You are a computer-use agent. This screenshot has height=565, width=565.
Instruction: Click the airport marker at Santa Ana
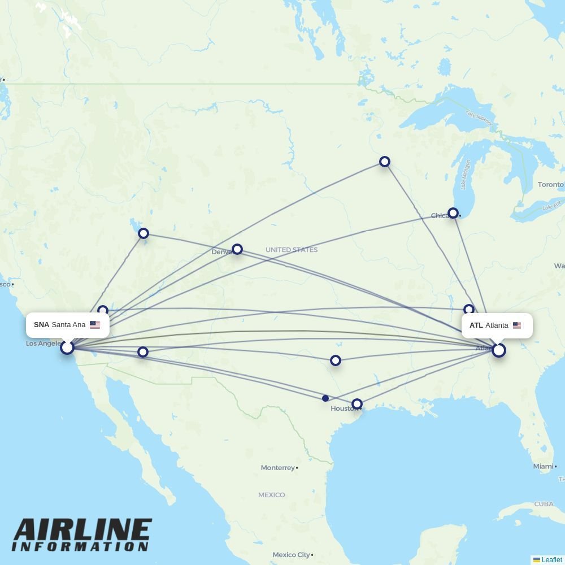point(67,347)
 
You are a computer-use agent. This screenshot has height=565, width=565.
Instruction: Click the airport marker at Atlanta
point(498,350)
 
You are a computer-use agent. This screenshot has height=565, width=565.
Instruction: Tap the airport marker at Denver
point(237,249)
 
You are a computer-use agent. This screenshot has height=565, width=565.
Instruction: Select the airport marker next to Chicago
point(453,213)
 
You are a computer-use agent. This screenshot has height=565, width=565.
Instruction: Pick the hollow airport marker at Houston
point(357,404)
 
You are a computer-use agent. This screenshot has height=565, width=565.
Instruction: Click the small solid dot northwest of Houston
point(325,398)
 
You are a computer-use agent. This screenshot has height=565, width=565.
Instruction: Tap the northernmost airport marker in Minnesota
point(385,162)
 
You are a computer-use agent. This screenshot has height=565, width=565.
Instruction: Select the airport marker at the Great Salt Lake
point(144,233)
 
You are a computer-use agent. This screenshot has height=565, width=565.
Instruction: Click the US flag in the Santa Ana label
point(95,325)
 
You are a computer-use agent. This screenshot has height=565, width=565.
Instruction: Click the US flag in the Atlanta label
point(516,325)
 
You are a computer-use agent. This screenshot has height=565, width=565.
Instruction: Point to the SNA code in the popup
point(41,325)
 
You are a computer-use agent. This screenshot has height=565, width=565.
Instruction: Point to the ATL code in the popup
point(476,325)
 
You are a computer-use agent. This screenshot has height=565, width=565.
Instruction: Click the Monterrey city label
point(278,468)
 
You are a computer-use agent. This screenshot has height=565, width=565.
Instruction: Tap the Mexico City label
point(291,555)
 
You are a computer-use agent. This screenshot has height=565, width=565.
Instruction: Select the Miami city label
point(543,466)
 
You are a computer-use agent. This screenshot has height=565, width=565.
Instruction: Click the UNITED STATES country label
point(292,250)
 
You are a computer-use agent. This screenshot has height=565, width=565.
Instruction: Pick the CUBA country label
point(544,504)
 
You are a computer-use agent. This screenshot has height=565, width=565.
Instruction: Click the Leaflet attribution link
point(551,560)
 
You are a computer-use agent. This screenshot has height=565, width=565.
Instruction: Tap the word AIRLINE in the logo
point(82,531)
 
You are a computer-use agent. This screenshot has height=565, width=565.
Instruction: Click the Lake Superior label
point(480,118)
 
